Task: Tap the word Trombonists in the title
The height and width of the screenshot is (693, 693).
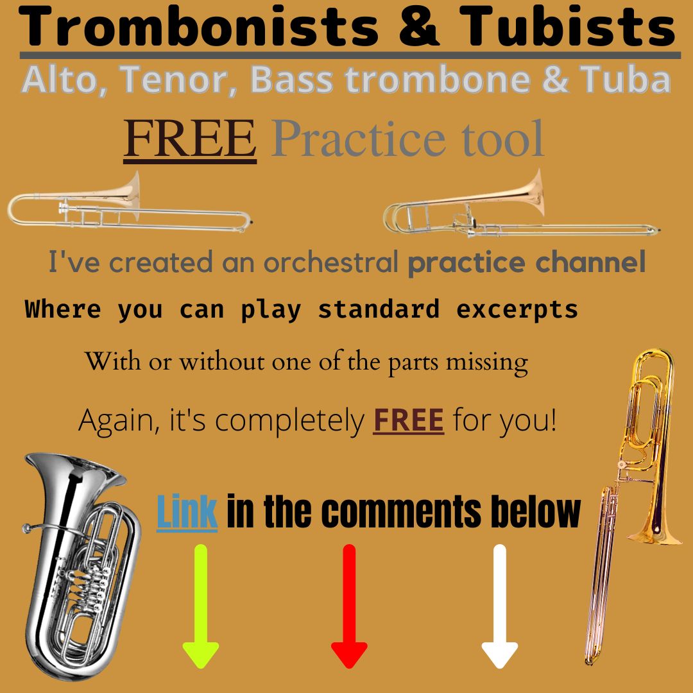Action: coord(200,28)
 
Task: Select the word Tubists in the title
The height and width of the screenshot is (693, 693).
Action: coord(567,28)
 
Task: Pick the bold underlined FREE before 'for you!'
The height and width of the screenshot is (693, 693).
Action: coord(408,421)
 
